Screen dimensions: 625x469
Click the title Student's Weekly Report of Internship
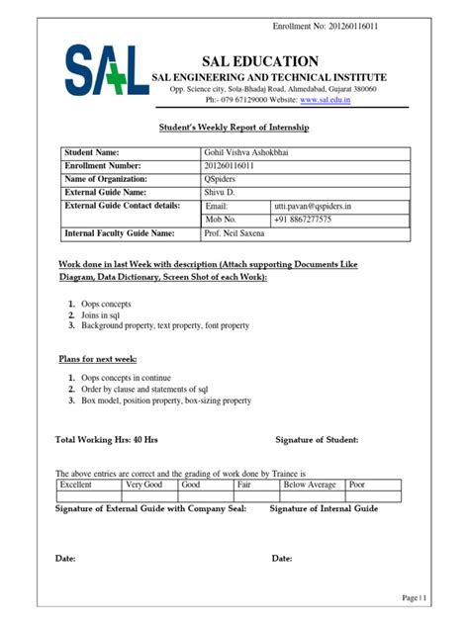[234, 129]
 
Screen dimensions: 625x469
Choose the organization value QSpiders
[222, 179]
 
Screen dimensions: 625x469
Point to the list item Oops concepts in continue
[126, 378]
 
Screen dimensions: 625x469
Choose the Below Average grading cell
[310, 486]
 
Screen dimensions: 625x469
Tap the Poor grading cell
[358, 486]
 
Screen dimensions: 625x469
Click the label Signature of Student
[317, 439]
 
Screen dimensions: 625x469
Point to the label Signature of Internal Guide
[325, 508]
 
